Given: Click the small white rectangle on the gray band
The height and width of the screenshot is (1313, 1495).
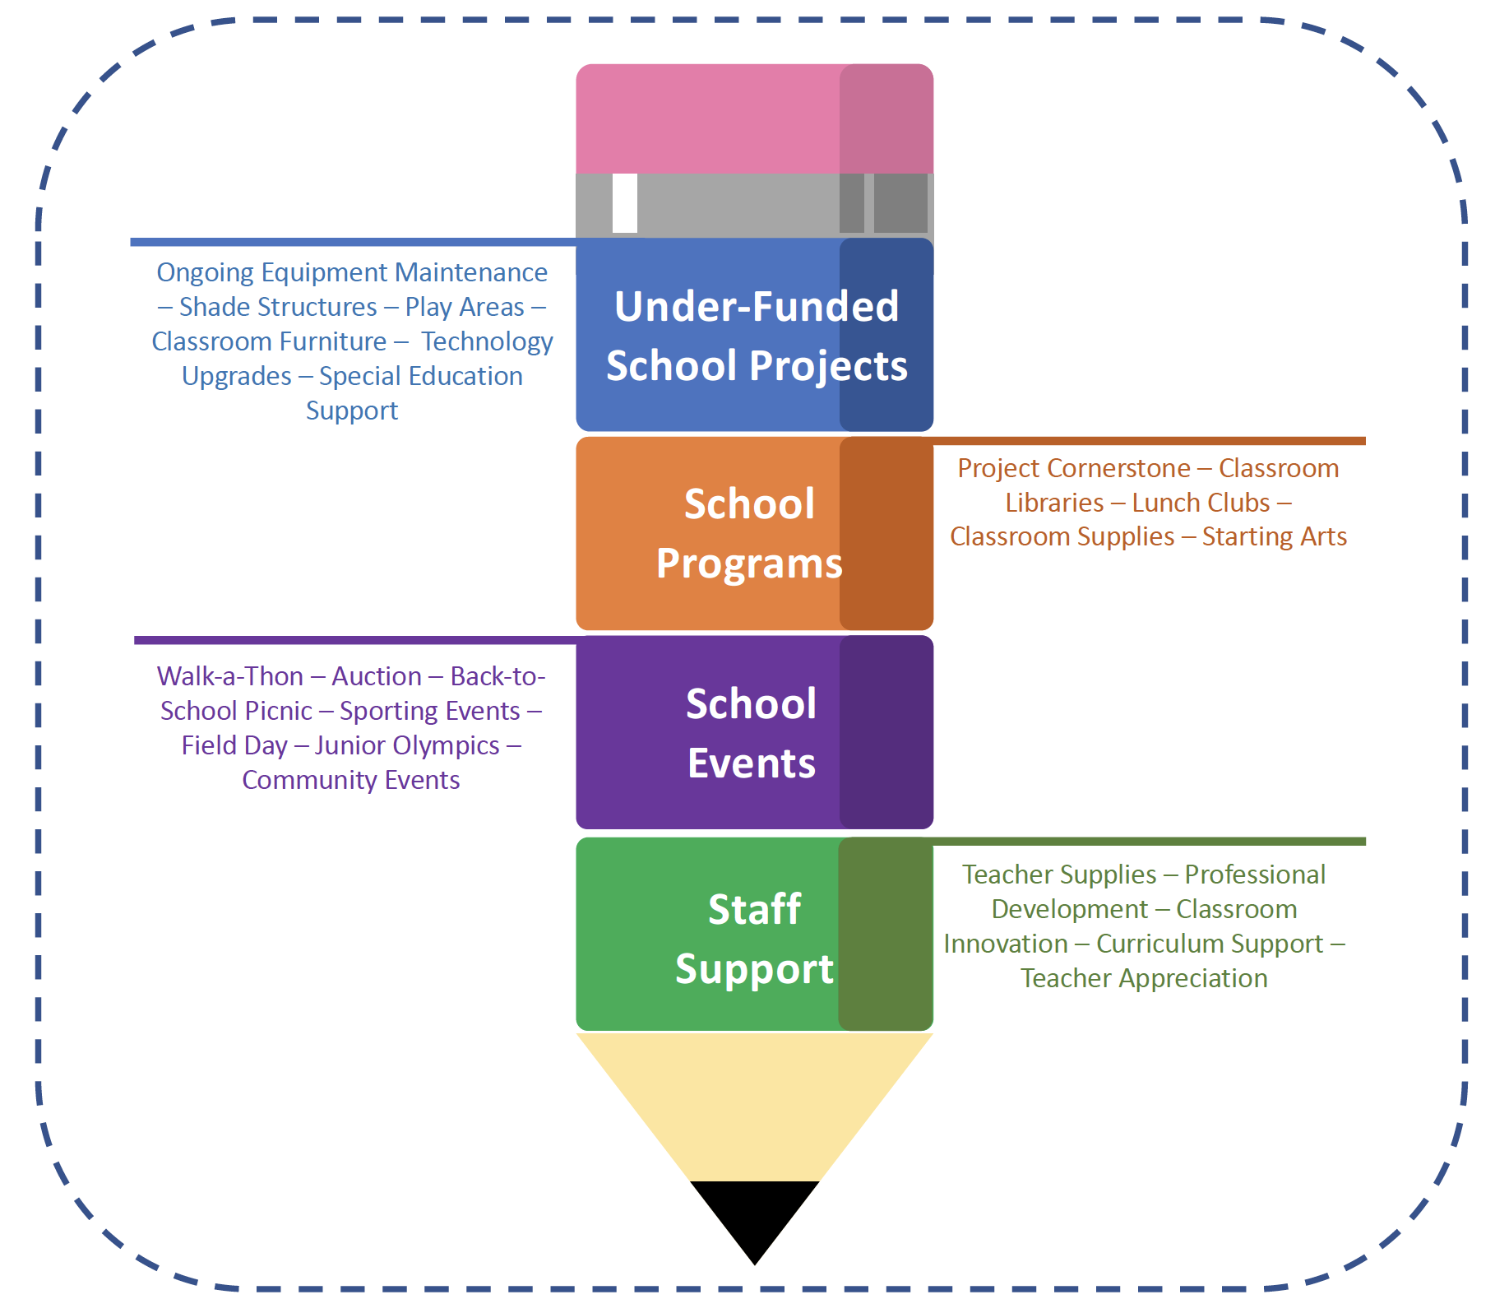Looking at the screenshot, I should point(625,203).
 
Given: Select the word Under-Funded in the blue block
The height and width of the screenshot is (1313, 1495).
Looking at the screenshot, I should point(757,307).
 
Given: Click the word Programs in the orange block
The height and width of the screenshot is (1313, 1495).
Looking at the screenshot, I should point(749,564).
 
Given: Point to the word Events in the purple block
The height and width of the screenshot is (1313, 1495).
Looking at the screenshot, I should point(752,763).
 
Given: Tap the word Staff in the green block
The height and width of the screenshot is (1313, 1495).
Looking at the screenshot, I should point(754,910).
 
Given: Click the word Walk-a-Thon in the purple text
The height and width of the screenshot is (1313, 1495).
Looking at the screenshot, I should point(230,676).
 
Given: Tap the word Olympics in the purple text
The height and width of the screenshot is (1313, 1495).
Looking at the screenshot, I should point(447,745).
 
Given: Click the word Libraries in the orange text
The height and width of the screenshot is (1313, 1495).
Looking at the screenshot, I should point(1054,503).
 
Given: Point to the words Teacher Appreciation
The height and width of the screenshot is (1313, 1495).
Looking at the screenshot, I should point(1144,978).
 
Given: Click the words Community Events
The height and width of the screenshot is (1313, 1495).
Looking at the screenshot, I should point(351,780).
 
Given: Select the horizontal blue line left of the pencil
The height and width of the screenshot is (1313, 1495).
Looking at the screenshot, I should point(354,242).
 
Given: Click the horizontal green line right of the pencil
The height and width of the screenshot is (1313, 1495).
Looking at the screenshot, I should point(1151,841).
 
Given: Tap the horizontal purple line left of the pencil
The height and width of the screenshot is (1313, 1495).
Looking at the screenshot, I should point(354,640).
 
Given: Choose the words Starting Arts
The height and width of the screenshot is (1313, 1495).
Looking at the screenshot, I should point(1274,536).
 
